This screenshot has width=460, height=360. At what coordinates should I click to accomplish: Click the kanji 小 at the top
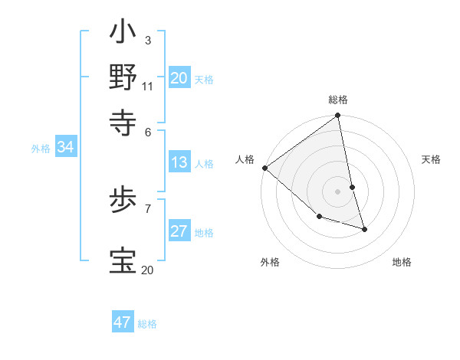(123, 35)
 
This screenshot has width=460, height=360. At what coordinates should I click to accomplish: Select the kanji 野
(123, 77)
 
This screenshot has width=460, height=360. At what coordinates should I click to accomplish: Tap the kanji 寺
(123, 119)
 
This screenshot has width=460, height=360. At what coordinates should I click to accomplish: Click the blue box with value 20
(179, 78)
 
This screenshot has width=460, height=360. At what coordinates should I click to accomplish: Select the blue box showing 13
(179, 162)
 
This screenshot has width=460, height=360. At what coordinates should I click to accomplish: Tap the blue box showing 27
(179, 231)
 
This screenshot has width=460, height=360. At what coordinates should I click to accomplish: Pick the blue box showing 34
(66, 147)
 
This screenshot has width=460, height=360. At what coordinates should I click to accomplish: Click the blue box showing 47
(123, 322)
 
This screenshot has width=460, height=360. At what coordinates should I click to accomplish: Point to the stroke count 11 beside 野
(148, 85)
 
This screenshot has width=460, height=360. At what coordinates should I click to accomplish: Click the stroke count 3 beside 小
(147, 40)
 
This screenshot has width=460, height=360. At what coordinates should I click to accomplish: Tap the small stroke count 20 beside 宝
(147, 270)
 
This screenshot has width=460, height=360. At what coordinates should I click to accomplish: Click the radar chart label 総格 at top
(338, 100)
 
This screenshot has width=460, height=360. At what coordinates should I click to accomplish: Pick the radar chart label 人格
(245, 159)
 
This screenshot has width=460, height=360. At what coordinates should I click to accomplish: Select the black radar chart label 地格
(402, 262)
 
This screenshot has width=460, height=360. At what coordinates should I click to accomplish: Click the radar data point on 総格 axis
(338, 116)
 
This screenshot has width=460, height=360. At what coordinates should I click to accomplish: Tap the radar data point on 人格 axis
(264, 168)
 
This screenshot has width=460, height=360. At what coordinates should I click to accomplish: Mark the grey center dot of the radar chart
(338, 191)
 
